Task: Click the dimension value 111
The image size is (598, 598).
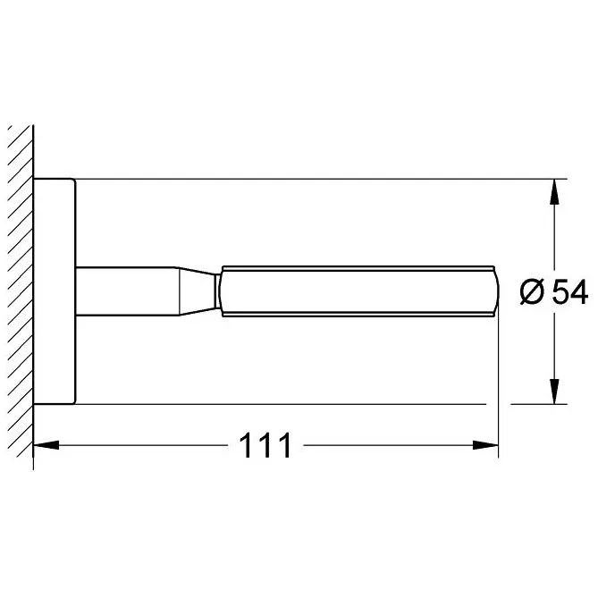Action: tap(265, 444)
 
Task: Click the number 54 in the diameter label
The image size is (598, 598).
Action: tap(569, 292)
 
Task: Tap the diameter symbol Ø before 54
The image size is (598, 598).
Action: tap(530, 292)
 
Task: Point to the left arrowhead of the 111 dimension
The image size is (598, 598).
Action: tap(45, 443)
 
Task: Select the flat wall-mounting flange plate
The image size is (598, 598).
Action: tap(55, 291)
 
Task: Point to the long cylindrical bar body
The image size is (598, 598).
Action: tap(358, 291)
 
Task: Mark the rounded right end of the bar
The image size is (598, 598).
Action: tap(493, 291)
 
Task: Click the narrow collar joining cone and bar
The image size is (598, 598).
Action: tap(217, 291)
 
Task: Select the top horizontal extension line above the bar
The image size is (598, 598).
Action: tap(313, 179)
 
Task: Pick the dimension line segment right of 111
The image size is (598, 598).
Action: tap(393, 443)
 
